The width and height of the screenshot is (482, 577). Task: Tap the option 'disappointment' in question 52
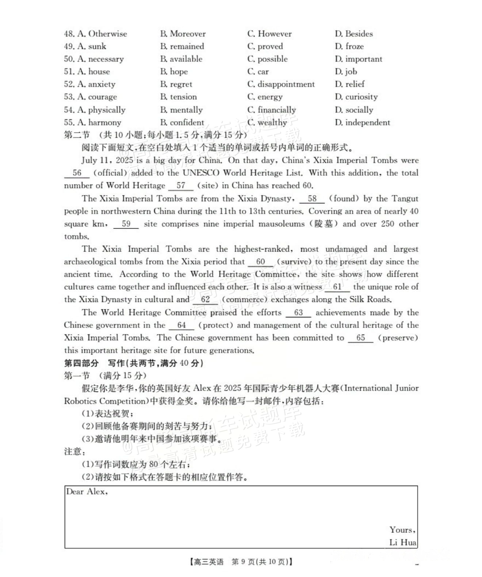[x=286, y=84]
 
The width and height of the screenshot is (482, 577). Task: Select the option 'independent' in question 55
[x=367, y=123]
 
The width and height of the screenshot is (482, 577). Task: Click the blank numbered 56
[x=77, y=173]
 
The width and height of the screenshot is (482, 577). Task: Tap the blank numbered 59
[x=126, y=224]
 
